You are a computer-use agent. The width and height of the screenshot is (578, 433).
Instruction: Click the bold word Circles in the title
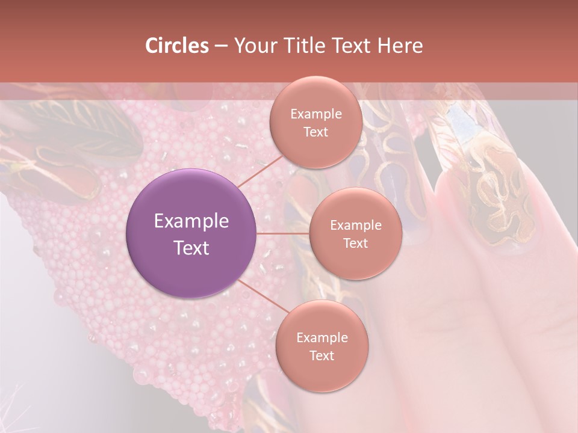pyautogui.click(x=176, y=46)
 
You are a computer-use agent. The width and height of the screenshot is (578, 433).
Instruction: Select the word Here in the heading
pyautogui.click(x=399, y=46)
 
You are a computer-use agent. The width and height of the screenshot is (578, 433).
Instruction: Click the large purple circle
pyautogui.click(x=191, y=233)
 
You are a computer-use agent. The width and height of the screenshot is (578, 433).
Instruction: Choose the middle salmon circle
pyautogui.click(x=355, y=233)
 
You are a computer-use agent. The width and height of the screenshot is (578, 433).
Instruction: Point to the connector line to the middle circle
pyautogui.click(x=283, y=233)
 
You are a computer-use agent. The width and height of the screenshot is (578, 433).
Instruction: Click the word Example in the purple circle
pyautogui.click(x=191, y=221)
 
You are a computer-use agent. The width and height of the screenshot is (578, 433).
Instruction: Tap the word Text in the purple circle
pyautogui.click(x=191, y=248)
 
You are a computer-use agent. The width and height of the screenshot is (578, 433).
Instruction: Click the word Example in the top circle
pyautogui.click(x=315, y=114)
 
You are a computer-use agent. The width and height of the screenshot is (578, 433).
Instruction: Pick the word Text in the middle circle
pyautogui.click(x=355, y=244)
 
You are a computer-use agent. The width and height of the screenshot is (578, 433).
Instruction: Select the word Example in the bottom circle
pyautogui.click(x=322, y=338)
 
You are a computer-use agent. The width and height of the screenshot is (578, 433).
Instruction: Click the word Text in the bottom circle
pyautogui.click(x=322, y=356)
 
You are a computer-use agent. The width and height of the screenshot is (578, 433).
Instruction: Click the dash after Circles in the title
pyautogui.click(x=220, y=46)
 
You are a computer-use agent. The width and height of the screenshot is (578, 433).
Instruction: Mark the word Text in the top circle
pyautogui.click(x=315, y=132)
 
